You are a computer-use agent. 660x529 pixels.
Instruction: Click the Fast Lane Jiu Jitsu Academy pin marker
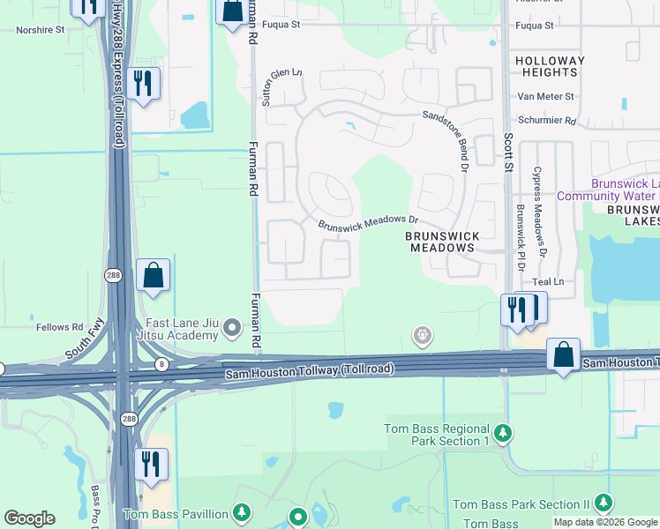coord(232,329)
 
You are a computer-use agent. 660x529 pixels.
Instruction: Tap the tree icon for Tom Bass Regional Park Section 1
coord(502,433)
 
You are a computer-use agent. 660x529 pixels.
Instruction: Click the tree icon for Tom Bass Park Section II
coord(604,503)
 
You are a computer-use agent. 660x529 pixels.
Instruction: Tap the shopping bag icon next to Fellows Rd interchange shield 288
coord(154,276)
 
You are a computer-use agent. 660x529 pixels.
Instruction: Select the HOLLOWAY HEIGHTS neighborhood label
coord(551,67)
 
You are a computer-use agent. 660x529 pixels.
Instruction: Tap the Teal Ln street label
coord(547,281)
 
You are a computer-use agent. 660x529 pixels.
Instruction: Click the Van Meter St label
coord(546,96)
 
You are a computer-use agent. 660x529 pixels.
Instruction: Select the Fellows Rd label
coord(59,327)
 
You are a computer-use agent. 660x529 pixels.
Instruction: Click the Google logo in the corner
coord(29,518)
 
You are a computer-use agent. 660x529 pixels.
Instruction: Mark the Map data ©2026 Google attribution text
coord(606,522)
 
